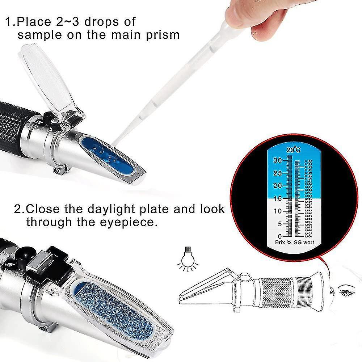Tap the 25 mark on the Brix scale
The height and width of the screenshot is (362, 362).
(277, 173)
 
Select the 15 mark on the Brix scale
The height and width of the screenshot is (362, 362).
(277, 198)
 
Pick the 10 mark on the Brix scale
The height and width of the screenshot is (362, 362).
(277, 211)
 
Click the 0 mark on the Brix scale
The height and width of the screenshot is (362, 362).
(279, 236)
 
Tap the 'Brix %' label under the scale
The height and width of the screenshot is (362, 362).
(282, 243)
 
